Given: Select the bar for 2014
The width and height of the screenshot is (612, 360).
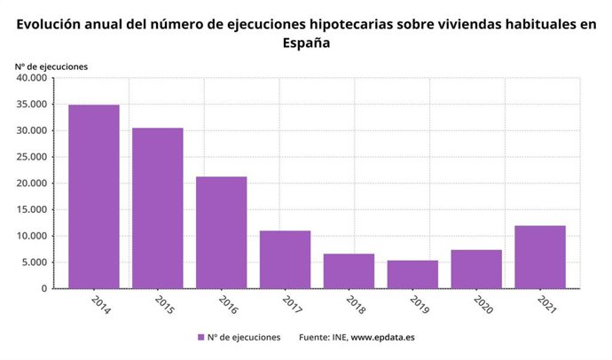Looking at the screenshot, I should point(93,196).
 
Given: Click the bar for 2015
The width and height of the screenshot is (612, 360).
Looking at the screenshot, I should point(157,207).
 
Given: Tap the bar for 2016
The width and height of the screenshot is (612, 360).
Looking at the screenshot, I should point(221,232).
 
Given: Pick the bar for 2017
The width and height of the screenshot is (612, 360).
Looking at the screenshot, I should point(285,259).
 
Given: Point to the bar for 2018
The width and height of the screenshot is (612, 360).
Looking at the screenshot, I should point(349,270).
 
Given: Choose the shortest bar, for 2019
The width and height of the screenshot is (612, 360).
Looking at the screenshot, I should point(412,274).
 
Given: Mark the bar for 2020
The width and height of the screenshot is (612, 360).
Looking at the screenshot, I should point(476,269).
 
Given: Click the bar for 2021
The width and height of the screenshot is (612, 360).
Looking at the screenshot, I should point(540,257).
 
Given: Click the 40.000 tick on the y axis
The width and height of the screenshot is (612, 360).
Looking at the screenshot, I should point(32,78).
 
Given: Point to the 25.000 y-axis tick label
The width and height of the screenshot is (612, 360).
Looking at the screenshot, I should point(32,157).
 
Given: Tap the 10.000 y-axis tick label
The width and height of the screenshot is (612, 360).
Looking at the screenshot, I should point(32,236).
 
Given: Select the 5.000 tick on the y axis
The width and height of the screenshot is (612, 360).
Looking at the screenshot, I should point(35,262).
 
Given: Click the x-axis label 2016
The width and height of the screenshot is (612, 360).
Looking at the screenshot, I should point(226,304).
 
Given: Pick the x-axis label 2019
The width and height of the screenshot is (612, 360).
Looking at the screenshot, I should point(418,304).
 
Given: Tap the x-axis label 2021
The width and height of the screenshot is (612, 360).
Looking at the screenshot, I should point(545,304).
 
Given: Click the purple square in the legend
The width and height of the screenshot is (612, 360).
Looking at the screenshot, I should point(200,337).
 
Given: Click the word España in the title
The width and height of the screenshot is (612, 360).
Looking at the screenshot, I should point(306,43).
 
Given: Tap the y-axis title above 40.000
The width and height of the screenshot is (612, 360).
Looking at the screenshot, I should point(51,66).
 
